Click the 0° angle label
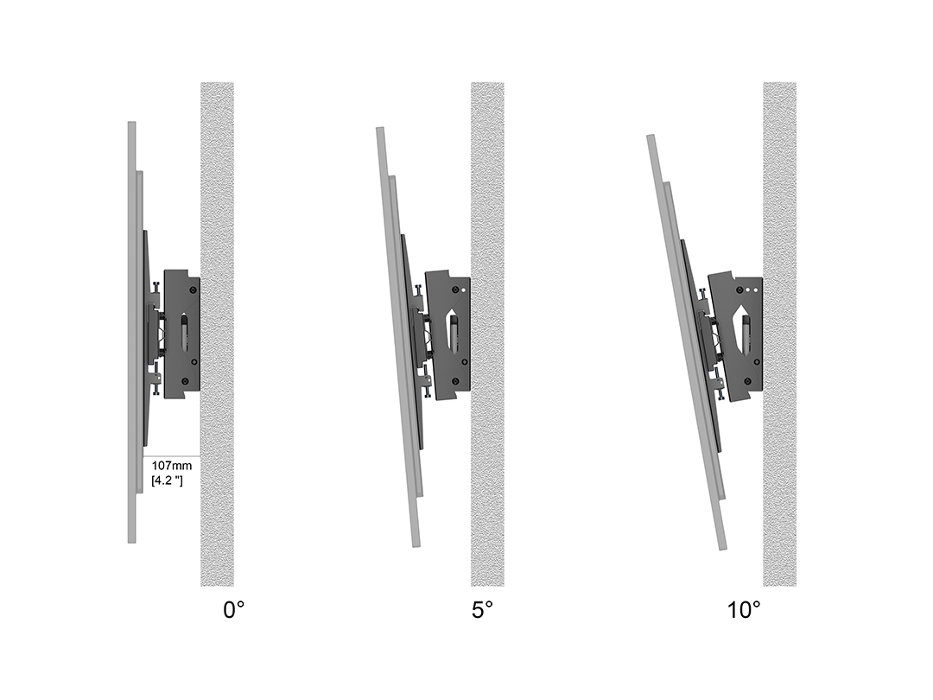coord(233,609)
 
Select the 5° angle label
coord(483,609)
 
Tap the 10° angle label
coord(744,609)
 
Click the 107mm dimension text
coord(171,466)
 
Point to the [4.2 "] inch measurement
coord(168,480)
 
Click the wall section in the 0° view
coord(217,334)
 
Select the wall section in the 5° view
coord(488,334)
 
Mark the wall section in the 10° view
coord(779,334)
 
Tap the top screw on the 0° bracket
coord(193,290)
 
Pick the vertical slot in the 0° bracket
coord(185,334)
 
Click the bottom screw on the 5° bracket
coord(455,381)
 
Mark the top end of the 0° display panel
coord(131,123)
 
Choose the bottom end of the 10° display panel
coord(723,547)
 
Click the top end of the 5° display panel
coord(379,129)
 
